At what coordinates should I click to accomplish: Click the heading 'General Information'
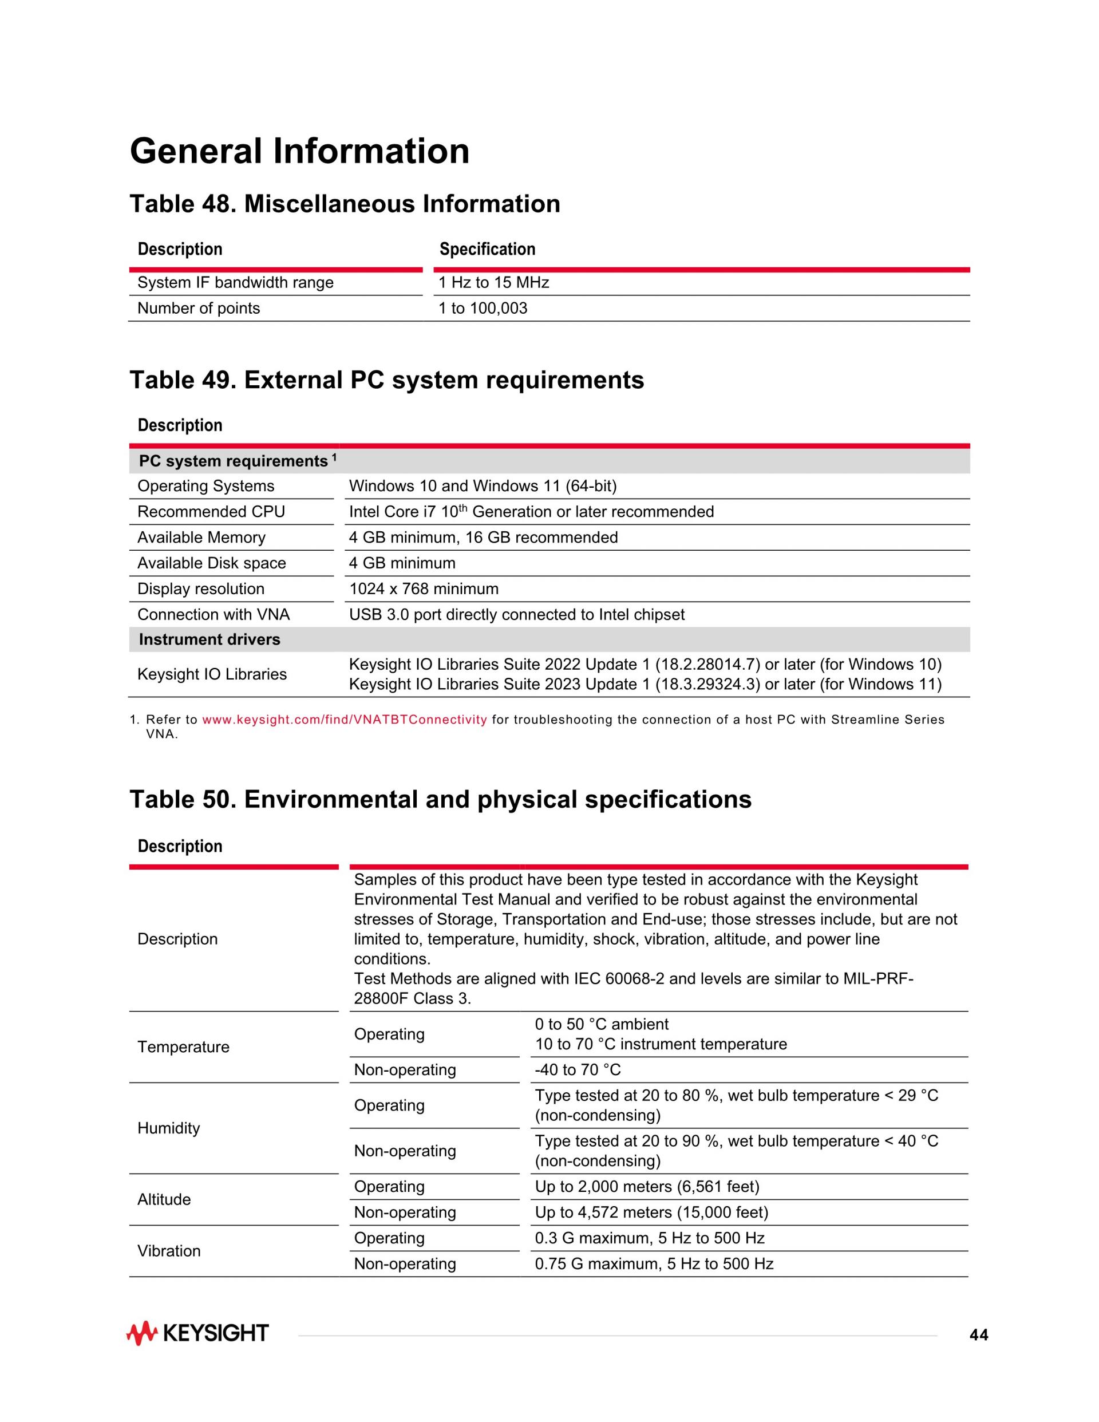(x=299, y=151)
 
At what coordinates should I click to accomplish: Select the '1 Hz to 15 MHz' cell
(x=493, y=283)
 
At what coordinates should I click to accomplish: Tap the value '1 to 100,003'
(x=483, y=309)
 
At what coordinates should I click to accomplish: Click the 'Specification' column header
(x=487, y=250)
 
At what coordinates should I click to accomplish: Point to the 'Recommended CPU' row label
(x=211, y=512)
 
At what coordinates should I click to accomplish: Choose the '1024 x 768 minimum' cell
(x=424, y=589)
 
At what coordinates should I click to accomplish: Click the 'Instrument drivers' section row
(x=209, y=639)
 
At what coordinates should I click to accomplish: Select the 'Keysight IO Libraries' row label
(x=212, y=674)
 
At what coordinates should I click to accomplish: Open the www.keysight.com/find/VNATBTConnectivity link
(x=345, y=720)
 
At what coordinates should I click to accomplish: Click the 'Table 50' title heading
(x=440, y=800)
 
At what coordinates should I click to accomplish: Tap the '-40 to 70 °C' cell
(x=578, y=1070)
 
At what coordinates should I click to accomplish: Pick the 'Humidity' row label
(x=169, y=1128)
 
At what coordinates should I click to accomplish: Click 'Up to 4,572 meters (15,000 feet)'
(x=651, y=1212)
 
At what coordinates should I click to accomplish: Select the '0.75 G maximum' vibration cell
(x=654, y=1264)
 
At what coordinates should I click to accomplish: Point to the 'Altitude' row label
(x=164, y=1199)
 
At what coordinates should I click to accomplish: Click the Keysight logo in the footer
(x=197, y=1333)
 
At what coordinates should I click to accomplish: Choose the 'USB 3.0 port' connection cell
(x=516, y=615)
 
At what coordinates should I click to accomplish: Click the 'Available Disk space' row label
(x=212, y=563)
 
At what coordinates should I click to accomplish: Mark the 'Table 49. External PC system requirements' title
(x=387, y=380)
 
